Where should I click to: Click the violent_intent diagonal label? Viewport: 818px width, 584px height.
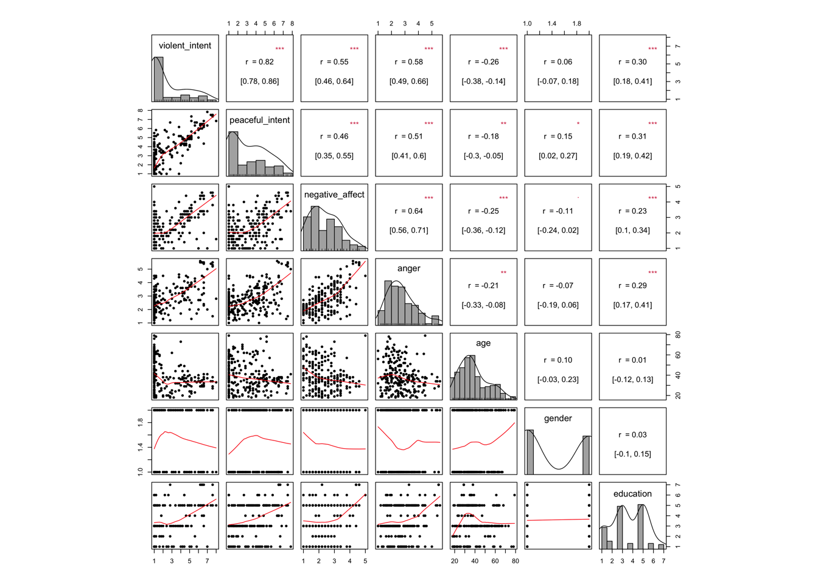tap(185, 46)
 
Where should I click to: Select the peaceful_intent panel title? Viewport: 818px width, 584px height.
tap(259, 120)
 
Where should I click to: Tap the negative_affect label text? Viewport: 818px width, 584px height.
tap(334, 195)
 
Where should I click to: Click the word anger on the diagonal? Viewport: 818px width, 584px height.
tap(408, 268)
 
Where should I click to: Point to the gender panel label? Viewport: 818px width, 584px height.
tap(558, 419)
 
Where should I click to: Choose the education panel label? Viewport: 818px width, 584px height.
tap(632, 494)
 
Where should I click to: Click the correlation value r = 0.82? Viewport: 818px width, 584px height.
tap(260, 62)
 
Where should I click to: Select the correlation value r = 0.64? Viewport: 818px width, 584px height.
tap(409, 211)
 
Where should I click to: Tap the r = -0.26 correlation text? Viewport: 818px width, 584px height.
tap(483, 62)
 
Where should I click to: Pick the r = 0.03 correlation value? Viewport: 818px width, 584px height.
tap(633, 435)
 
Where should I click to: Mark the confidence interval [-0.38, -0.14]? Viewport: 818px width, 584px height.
tap(483, 82)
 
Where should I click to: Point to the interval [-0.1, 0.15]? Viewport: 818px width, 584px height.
tap(632, 454)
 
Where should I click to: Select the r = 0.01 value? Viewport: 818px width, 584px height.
tap(633, 360)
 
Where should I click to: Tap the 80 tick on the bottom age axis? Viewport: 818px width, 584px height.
tap(516, 561)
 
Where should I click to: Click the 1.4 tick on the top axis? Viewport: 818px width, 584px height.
tap(552, 24)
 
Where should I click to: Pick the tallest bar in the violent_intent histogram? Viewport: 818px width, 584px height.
tap(158, 79)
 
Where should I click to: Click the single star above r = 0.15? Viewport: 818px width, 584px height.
tap(578, 123)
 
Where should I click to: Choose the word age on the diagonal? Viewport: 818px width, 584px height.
tap(483, 343)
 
